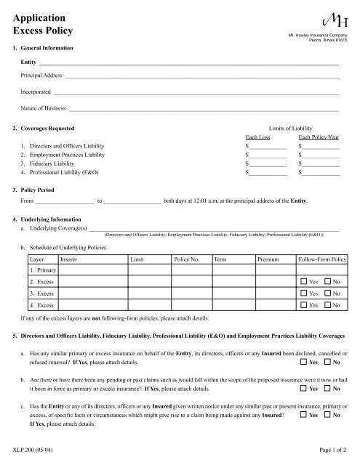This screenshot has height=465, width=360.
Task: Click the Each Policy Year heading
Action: point(319,137)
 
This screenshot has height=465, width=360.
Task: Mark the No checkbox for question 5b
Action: point(327,389)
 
